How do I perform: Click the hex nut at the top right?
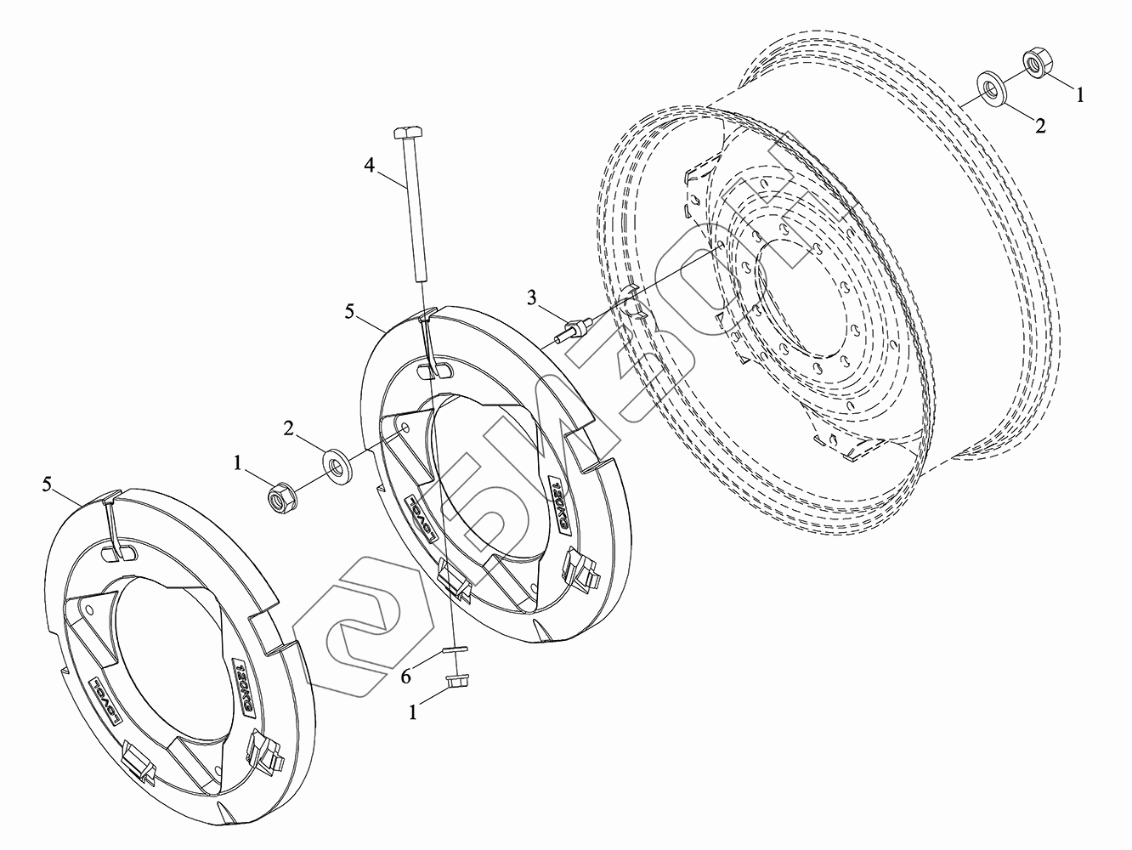pos(1036,62)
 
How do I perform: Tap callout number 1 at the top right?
pos(1080,95)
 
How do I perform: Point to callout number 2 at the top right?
pos(1039,125)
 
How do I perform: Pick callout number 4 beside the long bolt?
pos(370,165)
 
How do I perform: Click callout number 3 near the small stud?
pos(532,297)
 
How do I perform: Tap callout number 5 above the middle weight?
pos(351,312)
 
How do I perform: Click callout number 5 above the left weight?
pos(48,484)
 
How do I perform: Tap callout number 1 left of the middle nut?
pos(239,462)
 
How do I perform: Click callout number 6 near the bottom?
pos(406,677)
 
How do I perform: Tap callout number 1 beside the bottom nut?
pos(413,714)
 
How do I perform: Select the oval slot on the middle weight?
pos(436,371)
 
